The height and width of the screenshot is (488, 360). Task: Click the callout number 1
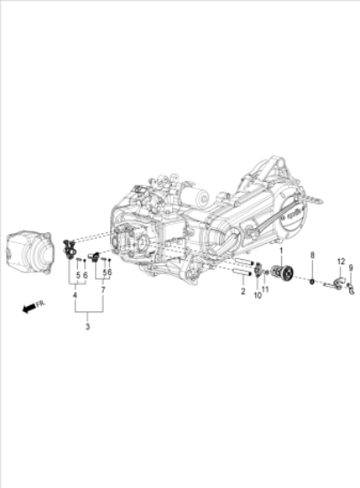[283, 253]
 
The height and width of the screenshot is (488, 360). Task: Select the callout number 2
[243, 291]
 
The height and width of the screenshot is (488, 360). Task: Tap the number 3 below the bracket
[87, 328]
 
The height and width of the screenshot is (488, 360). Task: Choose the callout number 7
[104, 291]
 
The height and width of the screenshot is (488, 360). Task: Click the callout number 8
[312, 256]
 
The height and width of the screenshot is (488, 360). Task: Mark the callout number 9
[350, 268]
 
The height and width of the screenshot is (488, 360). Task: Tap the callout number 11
[266, 290]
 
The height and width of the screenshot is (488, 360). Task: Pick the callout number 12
[339, 262]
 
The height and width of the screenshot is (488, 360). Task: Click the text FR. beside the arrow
[41, 302]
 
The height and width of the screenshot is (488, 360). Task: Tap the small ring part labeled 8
[312, 281]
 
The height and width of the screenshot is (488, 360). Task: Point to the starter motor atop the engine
[192, 195]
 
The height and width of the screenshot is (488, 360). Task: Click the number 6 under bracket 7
[109, 273]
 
